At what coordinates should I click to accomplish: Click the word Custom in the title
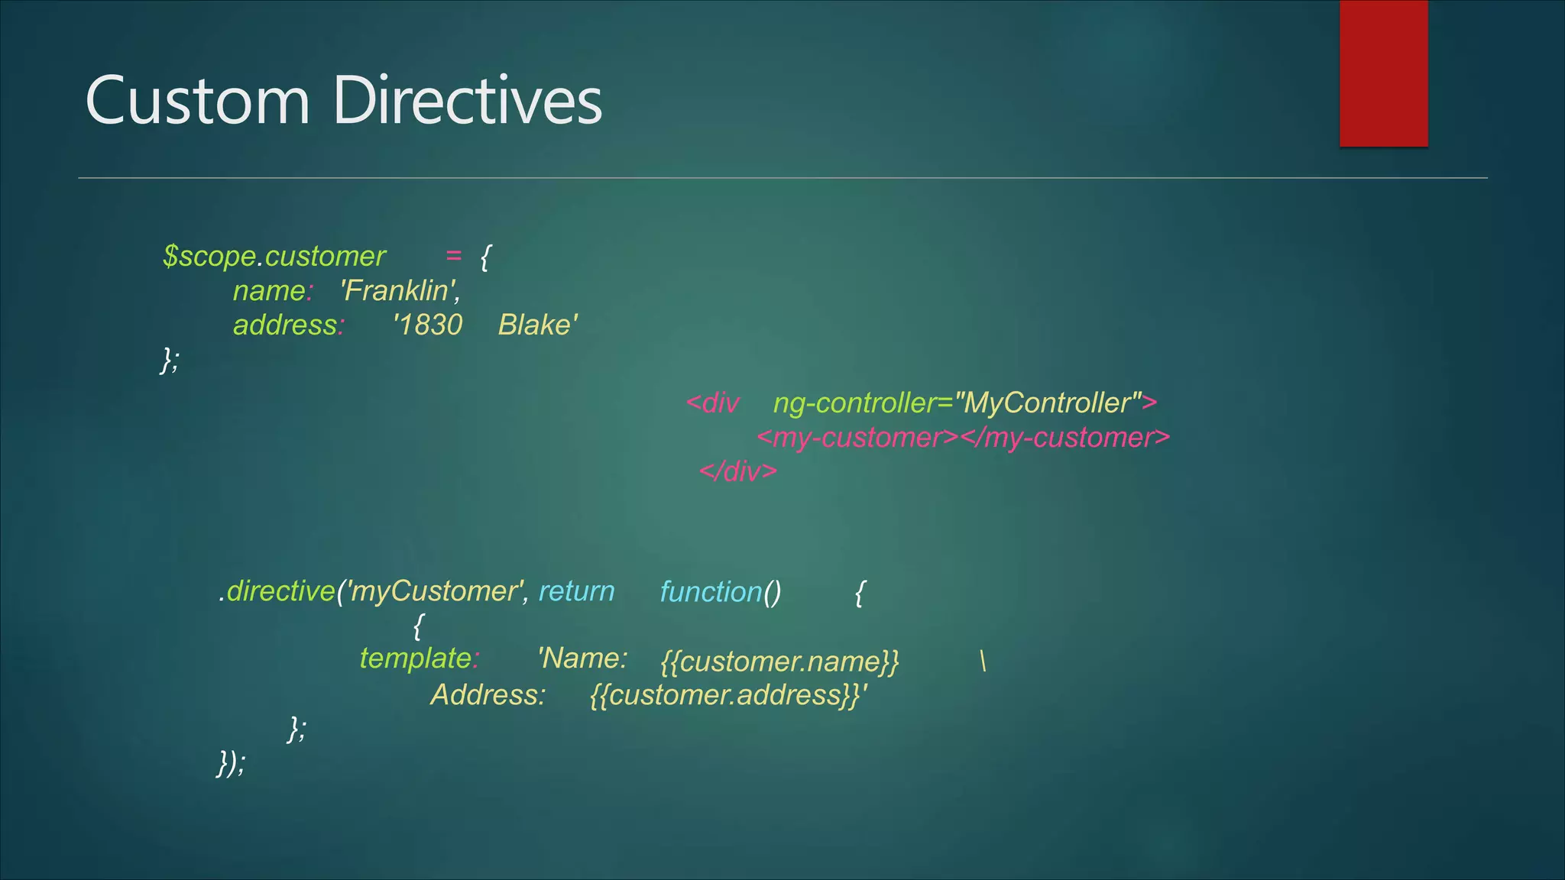197,101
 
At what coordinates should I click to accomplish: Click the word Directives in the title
468,101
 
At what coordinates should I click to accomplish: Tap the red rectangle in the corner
1383,73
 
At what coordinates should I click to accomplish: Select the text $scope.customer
274,257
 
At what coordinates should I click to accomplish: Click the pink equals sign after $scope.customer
454,256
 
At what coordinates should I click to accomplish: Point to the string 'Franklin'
400,291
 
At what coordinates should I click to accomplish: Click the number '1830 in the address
428,325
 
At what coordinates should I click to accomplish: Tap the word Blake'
538,325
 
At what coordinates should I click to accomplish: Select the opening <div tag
713,403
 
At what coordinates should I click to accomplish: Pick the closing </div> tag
738,471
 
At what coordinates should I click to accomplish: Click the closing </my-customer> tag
1065,438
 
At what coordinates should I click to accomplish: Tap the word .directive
277,591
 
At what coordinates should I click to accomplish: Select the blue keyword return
576,591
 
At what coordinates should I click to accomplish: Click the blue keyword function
711,592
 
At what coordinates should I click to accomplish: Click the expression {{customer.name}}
779,662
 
